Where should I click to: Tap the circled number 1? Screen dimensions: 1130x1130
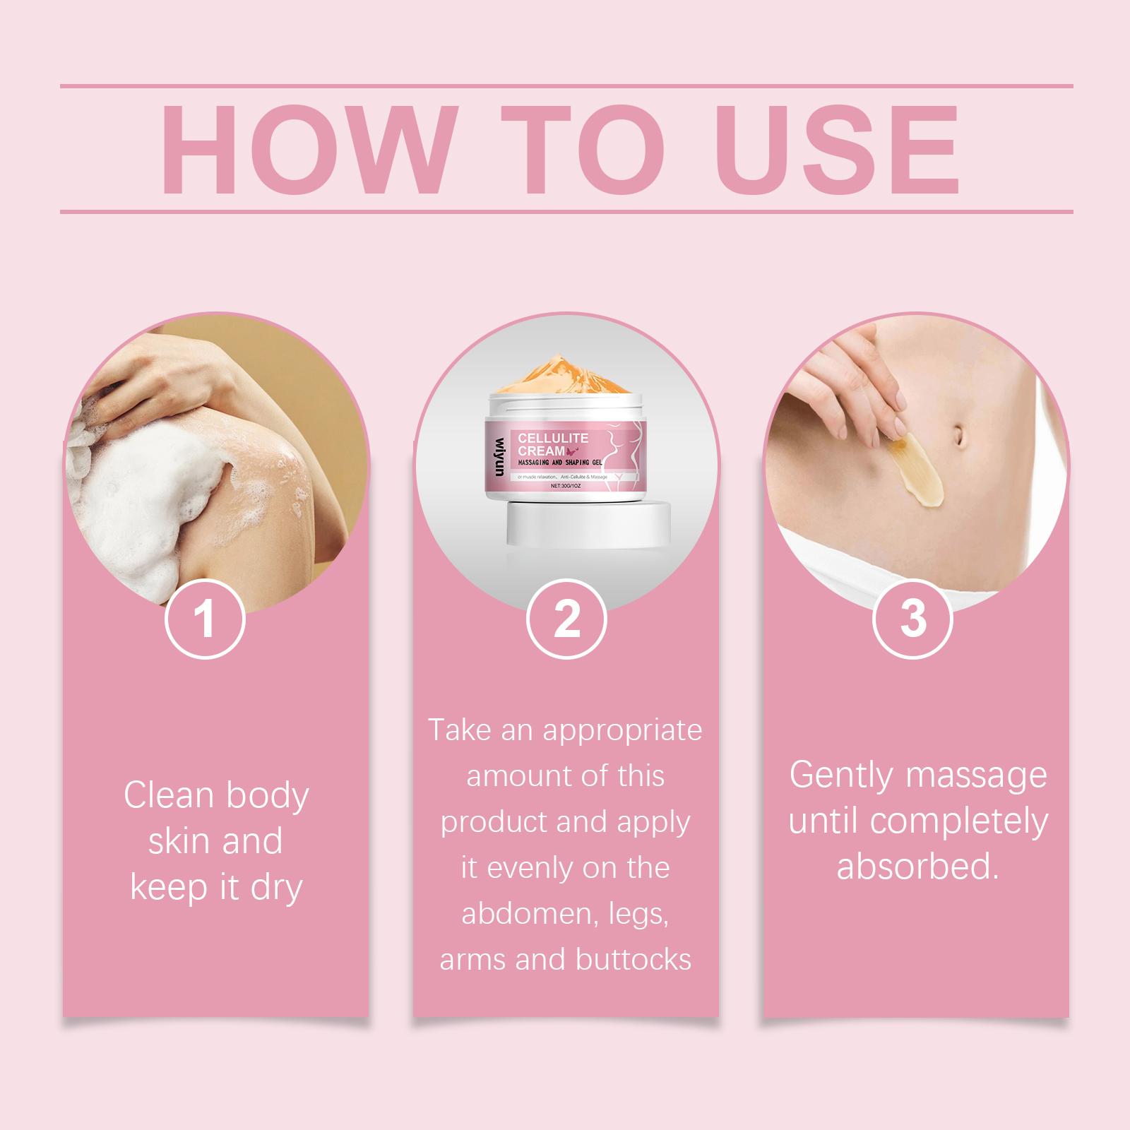click(205, 619)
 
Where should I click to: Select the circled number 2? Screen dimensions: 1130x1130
click(566, 619)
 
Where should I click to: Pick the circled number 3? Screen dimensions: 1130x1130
click(913, 619)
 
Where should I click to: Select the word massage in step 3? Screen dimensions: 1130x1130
click(977, 777)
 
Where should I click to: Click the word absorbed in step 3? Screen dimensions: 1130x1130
click(918, 867)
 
